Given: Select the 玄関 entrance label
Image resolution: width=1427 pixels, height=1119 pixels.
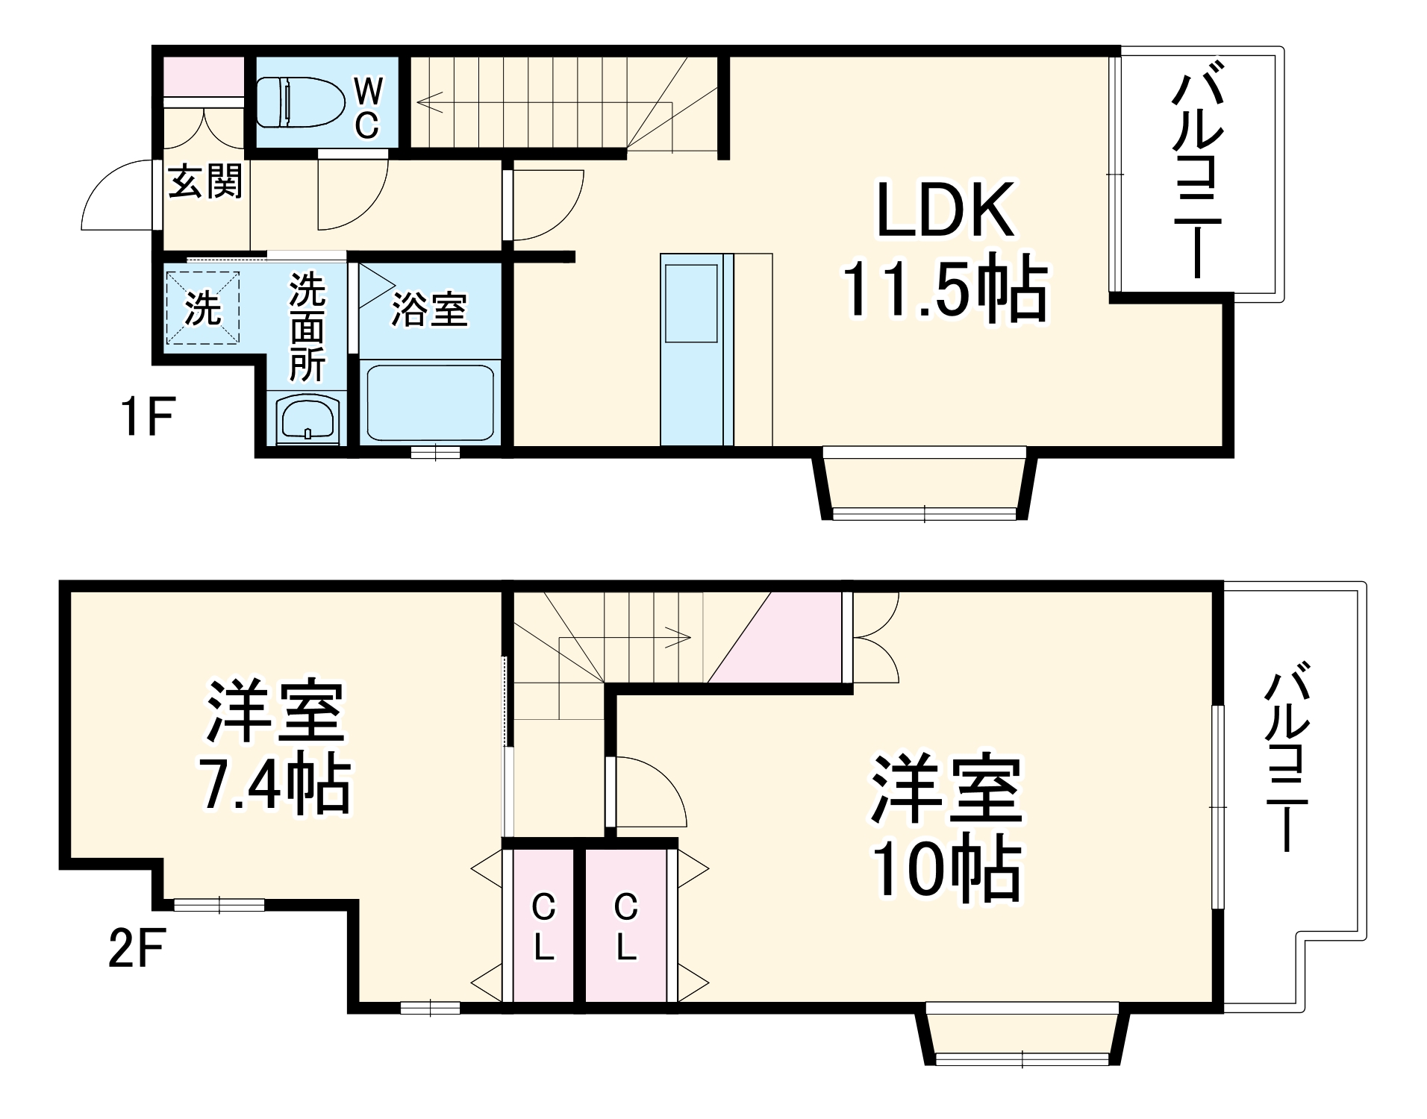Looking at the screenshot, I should [x=204, y=181].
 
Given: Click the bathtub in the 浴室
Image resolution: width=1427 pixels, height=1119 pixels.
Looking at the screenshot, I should [x=430, y=402].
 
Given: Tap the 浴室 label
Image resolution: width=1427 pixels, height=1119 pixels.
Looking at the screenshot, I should [x=429, y=310].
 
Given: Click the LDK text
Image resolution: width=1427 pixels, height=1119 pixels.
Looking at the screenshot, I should [x=945, y=210].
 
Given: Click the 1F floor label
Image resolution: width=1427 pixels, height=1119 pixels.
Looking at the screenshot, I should [x=147, y=416].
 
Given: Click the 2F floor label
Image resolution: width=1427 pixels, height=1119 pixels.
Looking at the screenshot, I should [x=137, y=947].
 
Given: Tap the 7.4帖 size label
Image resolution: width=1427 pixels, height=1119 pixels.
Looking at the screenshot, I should [x=274, y=785].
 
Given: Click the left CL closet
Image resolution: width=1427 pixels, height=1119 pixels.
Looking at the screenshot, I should [x=543, y=927].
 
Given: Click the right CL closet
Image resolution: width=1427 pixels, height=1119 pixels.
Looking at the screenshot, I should [x=625, y=927].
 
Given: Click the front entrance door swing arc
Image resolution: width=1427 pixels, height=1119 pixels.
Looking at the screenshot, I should [x=112, y=195].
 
